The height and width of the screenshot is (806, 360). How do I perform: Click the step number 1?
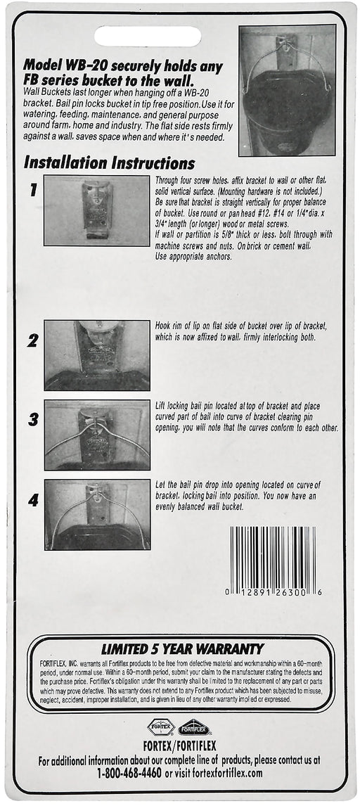click(x=33, y=190)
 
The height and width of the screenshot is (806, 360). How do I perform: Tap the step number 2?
click(x=33, y=340)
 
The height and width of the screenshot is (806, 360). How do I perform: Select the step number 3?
click(x=33, y=419)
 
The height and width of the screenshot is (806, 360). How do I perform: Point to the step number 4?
click(x=33, y=499)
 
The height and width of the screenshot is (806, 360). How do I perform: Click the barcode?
click(x=274, y=561)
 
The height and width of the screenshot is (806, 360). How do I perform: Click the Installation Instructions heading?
click(x=110, y=163)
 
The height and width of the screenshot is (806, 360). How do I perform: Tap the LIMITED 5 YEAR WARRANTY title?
click(x=182, y=648)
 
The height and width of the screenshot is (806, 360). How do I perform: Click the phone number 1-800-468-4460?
click(x=129, y=773)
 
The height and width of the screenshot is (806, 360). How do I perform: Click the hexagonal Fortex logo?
click(x=161, y=727)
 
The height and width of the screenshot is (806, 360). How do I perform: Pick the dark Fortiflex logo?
click(x=194, y=727)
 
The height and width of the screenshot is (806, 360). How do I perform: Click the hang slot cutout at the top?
click(x=148, y=37)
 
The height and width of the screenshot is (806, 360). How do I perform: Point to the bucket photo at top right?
click(x=287, y=91)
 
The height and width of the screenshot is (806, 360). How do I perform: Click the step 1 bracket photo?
click(x=96, y=210)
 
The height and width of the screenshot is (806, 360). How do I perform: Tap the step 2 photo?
click(x=97, y=355)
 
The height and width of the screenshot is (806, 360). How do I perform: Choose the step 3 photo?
click(x=97, y=435)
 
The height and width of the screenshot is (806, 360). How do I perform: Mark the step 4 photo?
click(x=97, y=515)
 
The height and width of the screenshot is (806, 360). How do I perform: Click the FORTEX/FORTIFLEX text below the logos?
click(x=180, y=746)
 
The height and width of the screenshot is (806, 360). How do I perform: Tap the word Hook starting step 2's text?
click(x=163, y=326)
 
